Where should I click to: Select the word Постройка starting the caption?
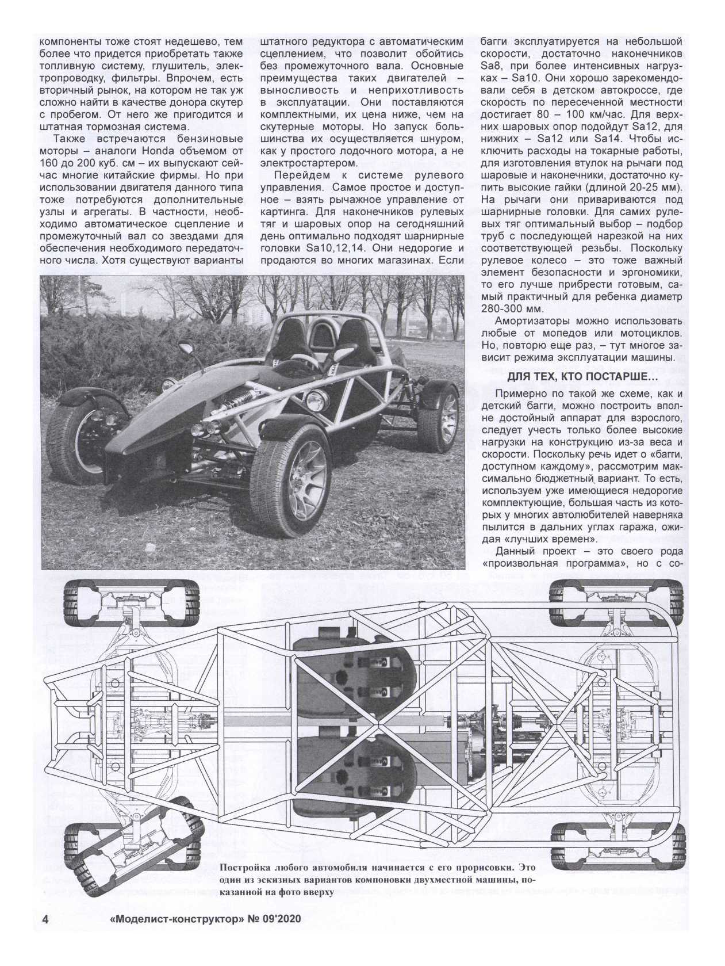tap(248, 883)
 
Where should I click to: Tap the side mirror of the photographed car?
tap(186, 348)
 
